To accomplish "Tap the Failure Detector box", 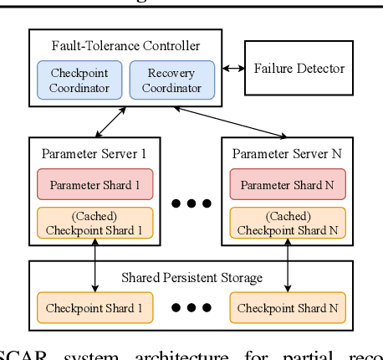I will pyautogui.click(x=299, y=69).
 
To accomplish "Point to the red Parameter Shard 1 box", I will pyautogui.click(x=94, y=184).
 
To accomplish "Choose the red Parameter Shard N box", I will pyautogui.click(x=288, y=184).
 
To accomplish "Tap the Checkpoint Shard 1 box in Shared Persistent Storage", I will pyautogui.click(x=94, y=308).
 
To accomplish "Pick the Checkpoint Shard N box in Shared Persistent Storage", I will pyautogui.click(x=288, y=308).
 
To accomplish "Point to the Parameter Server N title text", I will pyautogui.click(x=288, y=155).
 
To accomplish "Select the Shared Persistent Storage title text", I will pyautogui.click(x=191, y=277).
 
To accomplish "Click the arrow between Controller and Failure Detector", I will pyautogui.click(x=232, y=69).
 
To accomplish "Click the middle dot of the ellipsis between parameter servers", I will pyautogui.click(x=191, y=203).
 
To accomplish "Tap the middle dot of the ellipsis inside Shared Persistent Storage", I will pyautogui.click(x=191, y=308).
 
